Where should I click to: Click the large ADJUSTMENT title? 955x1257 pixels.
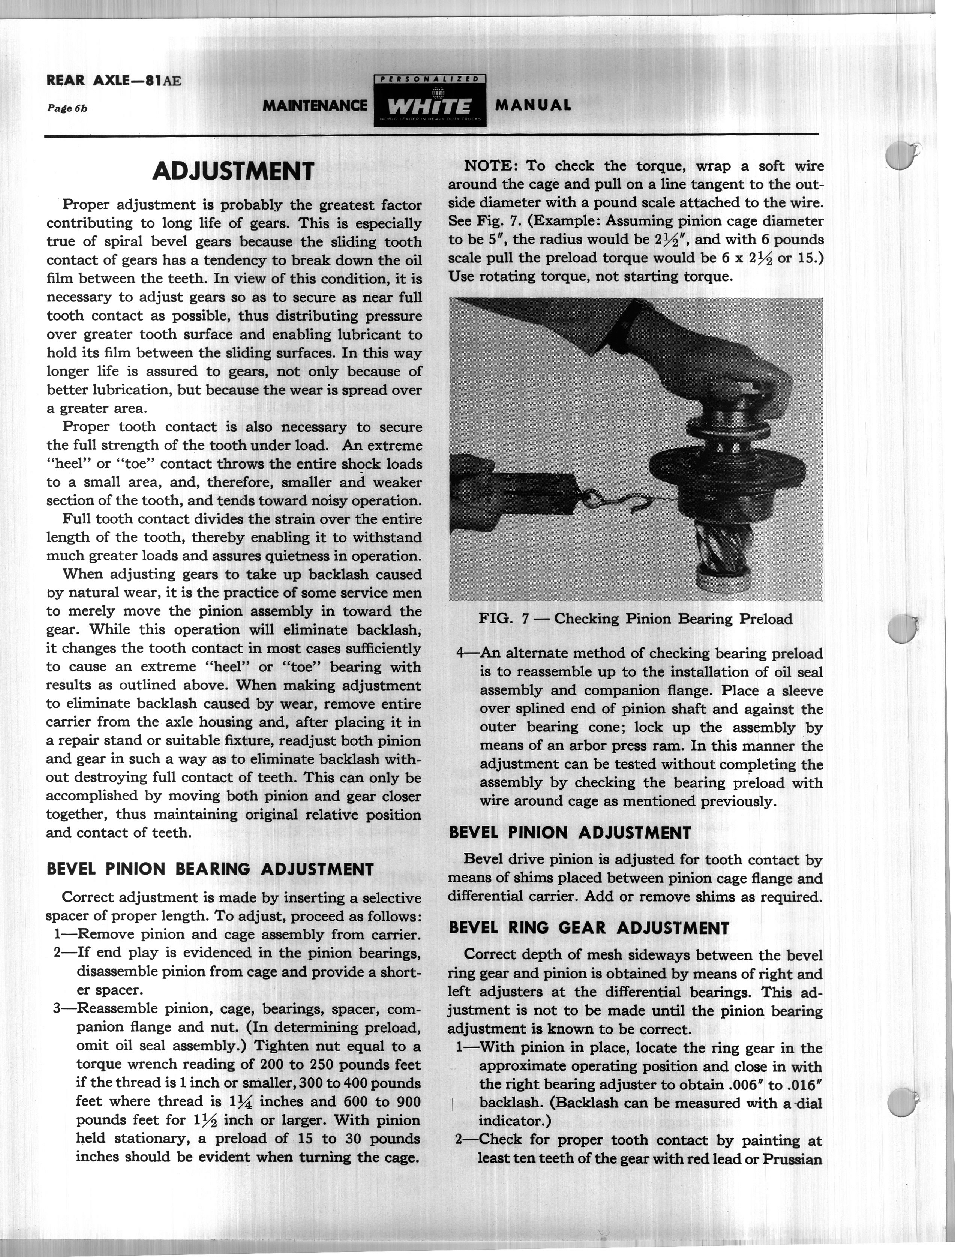point(233,171)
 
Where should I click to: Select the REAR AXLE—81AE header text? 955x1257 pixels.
point(114,81)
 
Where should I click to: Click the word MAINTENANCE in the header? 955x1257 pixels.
point(315,106)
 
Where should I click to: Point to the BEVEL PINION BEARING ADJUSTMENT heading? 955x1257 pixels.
point(210,869)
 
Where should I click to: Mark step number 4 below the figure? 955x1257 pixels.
point(462,653)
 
